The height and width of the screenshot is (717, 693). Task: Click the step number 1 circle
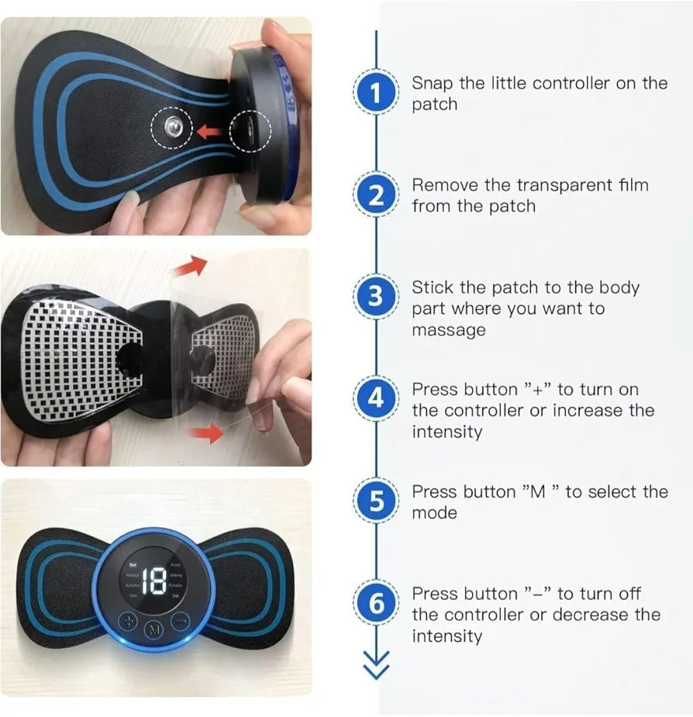pos(376,94)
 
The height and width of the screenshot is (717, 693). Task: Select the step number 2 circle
pos(376,195)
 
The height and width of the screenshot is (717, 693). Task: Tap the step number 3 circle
pos(376,298)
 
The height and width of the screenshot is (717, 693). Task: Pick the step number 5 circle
pos(376,502)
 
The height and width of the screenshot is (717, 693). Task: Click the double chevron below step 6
pos(376,665)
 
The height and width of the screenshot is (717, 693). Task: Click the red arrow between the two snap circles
pos(208,132)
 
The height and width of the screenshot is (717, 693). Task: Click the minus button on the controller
pos(180,621)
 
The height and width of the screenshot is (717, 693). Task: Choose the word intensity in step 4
pos(446,432)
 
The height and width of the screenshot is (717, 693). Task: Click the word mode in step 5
pos(434,513)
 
